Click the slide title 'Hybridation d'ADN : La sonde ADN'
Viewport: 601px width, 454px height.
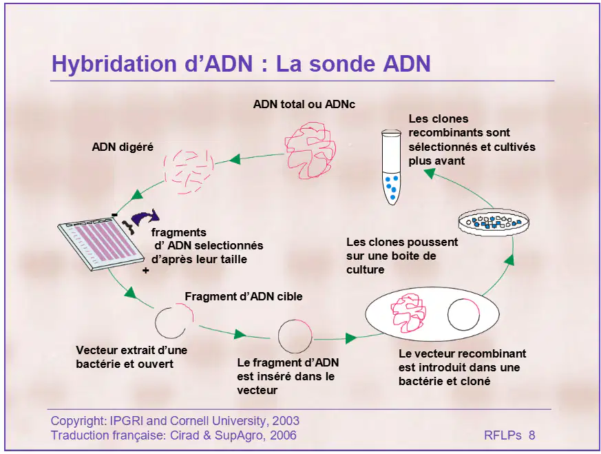click(241, 63)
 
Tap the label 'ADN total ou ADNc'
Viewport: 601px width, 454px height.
click(304, 104)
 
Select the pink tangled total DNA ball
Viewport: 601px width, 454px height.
click(310, 150)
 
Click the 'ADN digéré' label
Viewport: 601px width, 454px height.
click(123, 147)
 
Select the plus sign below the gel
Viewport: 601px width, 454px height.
click(146, 271)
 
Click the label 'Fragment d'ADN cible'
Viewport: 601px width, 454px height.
click(244, 296)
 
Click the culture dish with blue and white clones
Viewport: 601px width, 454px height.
click(494, 223)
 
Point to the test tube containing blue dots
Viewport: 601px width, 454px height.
click(391, 167)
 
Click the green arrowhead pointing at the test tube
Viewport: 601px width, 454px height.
click(430, 174)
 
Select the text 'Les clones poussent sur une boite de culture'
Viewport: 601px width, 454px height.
click(402, 256)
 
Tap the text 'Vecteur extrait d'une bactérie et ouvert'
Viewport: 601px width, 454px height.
click(131, 357)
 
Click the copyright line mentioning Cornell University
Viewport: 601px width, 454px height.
click(175, 421)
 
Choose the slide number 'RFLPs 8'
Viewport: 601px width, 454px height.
click(509, 435)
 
